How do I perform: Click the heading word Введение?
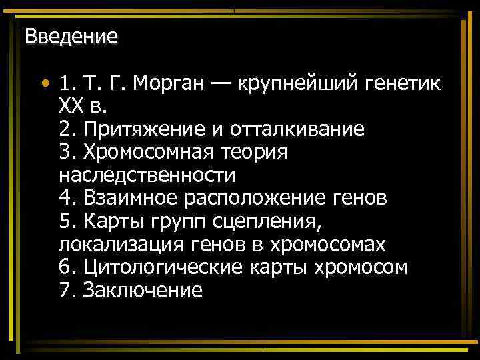tap(71, 36)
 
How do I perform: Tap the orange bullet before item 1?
tap(44, 85)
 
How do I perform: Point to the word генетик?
tap(402, 83)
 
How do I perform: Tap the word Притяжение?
tap(141, 129)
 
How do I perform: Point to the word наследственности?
tap(147, 175)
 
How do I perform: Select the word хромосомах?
tap(328, 245)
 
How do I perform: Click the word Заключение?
tap(143, 291)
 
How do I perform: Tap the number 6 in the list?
tap(65, 267)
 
